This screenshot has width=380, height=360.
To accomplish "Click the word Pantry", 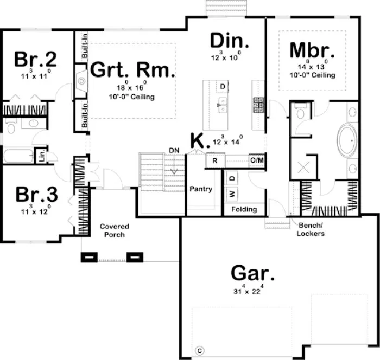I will point(200,189).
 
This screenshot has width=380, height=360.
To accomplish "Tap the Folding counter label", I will point(244,209).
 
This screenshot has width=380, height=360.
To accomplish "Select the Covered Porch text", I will point(115,230).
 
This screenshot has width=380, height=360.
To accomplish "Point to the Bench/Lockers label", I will point(311,229).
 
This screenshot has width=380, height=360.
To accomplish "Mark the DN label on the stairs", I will point(174,150).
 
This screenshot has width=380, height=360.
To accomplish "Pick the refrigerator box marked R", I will point(215,160).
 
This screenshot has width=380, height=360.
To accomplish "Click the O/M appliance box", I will point(256,160).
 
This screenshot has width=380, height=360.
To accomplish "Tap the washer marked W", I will point(232,193).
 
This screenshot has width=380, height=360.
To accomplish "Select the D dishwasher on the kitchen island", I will point(223,87).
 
